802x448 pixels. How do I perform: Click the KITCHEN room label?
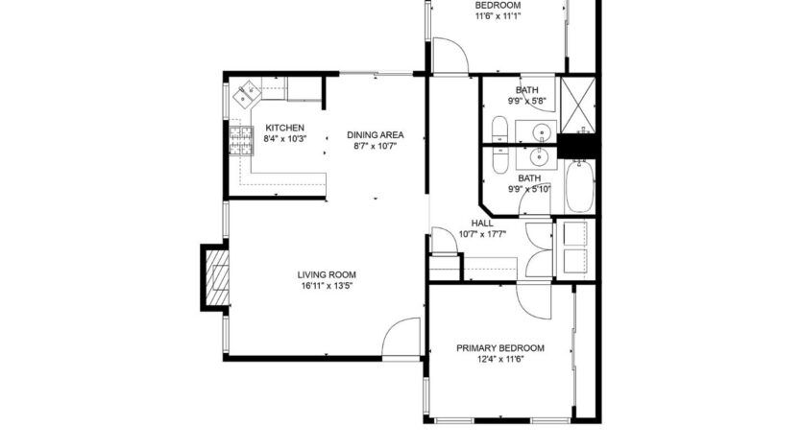pos(285,128)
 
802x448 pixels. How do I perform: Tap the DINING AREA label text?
pos(375,134)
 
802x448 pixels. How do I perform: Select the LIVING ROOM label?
pos(329,273)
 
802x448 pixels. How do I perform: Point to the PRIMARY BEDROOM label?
pos(499,348)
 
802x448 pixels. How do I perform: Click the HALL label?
pos(482,223)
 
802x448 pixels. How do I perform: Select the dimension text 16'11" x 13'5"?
pos(329,285)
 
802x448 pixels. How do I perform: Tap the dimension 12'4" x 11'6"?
pos(499,360)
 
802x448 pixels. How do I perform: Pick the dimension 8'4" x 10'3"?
pos(285,139)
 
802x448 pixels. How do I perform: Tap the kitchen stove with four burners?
pos(238,140)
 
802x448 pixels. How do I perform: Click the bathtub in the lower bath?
pos(579,188)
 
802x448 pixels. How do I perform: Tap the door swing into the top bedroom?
pos(450,56)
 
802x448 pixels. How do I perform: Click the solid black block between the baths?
pos(578,145)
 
